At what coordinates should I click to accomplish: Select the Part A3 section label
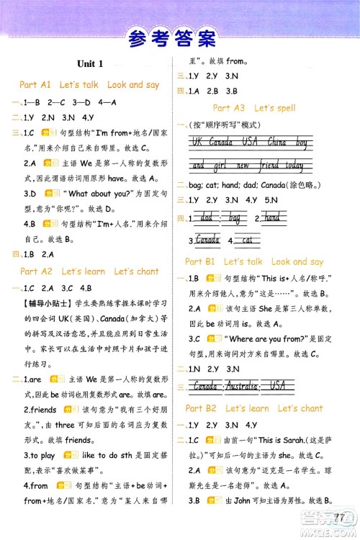[255, 108]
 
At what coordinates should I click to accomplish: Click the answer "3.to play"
[40, 456]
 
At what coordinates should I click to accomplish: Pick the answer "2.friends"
[40, 410]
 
